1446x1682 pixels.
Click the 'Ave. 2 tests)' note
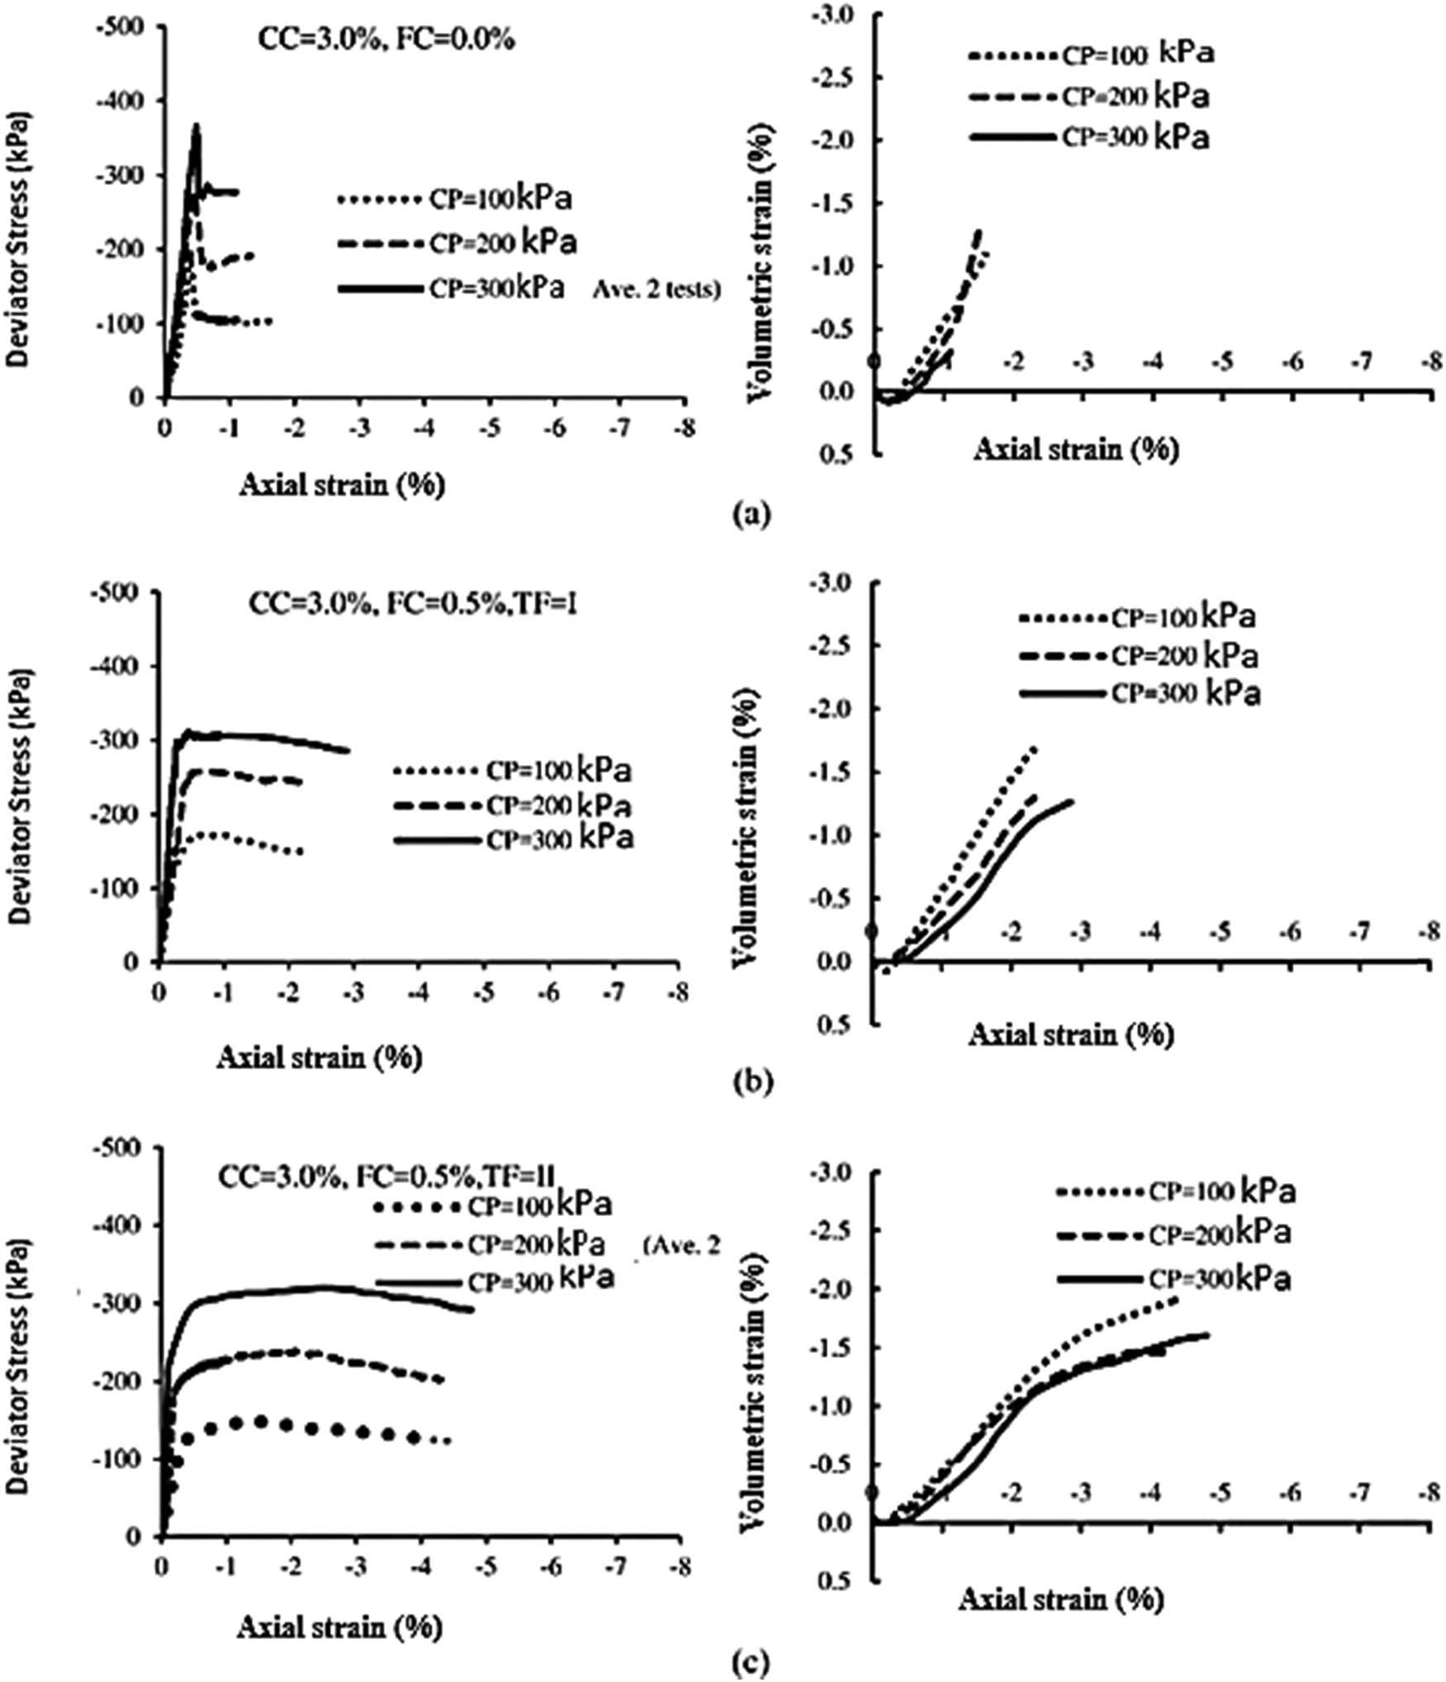pos(656,290)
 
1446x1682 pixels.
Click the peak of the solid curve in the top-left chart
pos(197,126)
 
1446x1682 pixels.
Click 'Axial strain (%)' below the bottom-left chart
pos(340,1625)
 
